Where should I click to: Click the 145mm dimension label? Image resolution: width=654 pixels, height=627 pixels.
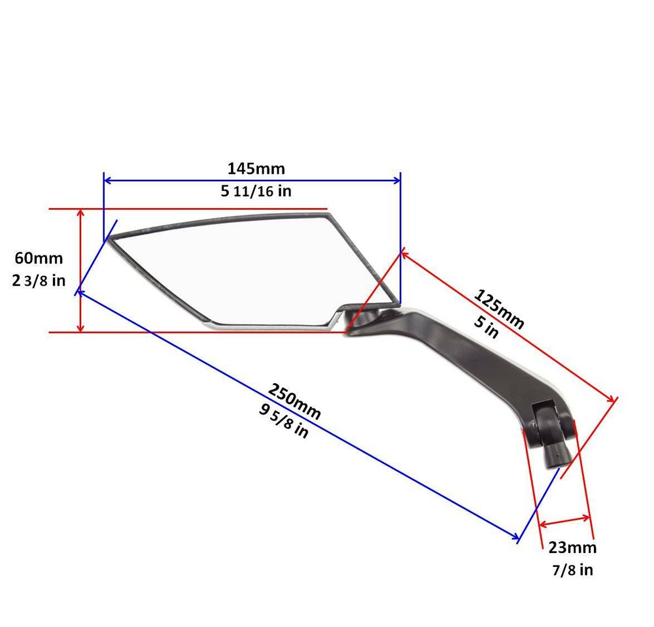[x=256, y=169]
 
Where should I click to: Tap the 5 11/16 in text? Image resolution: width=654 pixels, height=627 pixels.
[x=256, y=192]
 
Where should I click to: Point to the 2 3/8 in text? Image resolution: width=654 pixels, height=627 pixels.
[x=39, y=280]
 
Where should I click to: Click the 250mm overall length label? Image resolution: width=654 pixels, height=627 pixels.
[x=294, y=399]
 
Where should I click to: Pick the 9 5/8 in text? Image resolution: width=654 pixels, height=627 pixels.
[x=283, y=422]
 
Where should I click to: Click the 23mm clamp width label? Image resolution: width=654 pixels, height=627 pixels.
[x=572, y=548]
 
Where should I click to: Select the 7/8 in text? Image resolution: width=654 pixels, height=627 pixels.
[x=572, y=570]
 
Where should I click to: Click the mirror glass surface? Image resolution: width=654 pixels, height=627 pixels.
[x=249, y=268]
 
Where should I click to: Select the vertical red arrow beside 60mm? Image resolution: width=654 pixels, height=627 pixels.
[x=80, y=271]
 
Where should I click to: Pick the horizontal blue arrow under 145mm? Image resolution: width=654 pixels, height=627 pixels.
[x=252, y=180]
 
